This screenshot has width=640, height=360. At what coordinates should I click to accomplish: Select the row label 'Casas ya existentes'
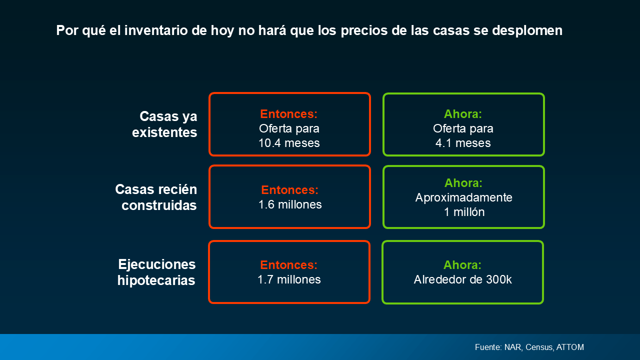pos(164,124)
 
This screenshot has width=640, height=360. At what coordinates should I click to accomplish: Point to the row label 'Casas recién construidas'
pos(156,197)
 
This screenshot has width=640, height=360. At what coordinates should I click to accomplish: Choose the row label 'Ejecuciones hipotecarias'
pos(156,272)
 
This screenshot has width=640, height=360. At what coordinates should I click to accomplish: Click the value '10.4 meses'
pos(289,143)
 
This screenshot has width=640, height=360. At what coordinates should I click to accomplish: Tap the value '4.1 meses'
pos(463,143)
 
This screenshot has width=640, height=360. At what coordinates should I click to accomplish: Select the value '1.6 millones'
pos(290,204)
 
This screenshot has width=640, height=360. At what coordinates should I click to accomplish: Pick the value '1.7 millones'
pos(289,279)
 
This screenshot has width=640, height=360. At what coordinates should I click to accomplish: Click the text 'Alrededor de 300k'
pos(463,279)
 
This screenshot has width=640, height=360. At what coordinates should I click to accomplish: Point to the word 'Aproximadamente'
pos(463,197)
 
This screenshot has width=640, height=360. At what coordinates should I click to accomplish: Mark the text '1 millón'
pos(464,212)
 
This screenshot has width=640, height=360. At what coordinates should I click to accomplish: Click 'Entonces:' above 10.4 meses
pos(289,114)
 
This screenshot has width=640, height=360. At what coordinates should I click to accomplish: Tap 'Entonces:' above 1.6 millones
pos(289,190)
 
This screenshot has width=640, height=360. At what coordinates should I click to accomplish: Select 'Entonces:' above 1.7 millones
pos(289,265)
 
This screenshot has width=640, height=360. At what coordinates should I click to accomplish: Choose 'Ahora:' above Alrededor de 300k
pos(462,265)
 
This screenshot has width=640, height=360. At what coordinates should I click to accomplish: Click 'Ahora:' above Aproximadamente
pos(463,183)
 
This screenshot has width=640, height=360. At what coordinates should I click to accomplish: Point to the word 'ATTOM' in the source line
pos(570,347)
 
